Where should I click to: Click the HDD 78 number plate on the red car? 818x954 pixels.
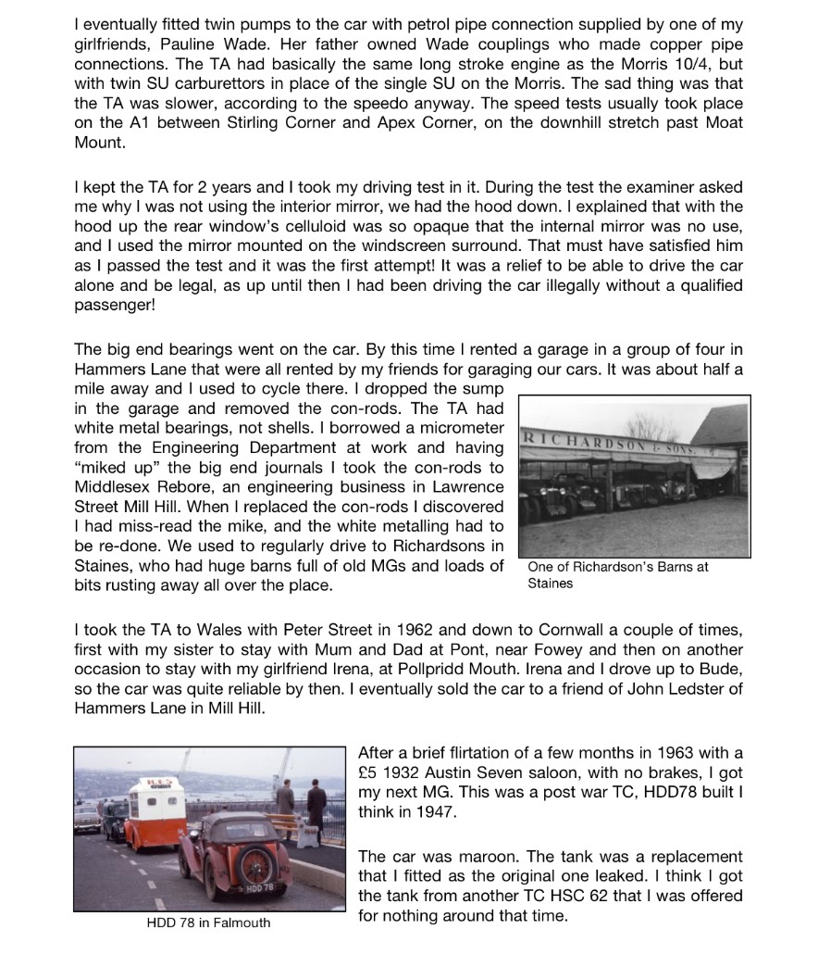tap(258, 888)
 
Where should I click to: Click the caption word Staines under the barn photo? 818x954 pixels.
tap(550, 583)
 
